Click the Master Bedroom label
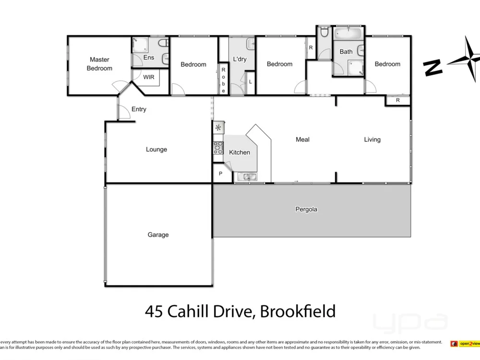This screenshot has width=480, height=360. tap(99, 64)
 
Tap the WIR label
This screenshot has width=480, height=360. tap(148, 77)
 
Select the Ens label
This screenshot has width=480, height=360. tap(149, 58)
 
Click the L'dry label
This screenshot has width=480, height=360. tap(240, 60)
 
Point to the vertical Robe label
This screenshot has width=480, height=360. tap(223, 80)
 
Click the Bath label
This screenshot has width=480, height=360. tap(346, 52)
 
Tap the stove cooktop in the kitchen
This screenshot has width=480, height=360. tap(218, 147)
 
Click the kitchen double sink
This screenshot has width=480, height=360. tap(248, 177)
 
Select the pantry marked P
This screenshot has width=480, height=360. tap(220, 174)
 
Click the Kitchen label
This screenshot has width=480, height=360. tap(240, 152)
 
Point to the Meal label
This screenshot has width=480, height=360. tap(302, 139)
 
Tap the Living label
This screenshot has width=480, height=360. tap(372, 139)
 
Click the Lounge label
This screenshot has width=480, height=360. tap(156, 149)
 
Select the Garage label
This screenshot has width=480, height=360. tap(158, 235)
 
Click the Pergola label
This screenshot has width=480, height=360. tap(306, 209)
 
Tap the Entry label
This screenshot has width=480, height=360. tap(139, 109)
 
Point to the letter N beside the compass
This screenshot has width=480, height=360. tap(433, 67)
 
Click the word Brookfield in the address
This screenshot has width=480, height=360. tap(298, 312)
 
